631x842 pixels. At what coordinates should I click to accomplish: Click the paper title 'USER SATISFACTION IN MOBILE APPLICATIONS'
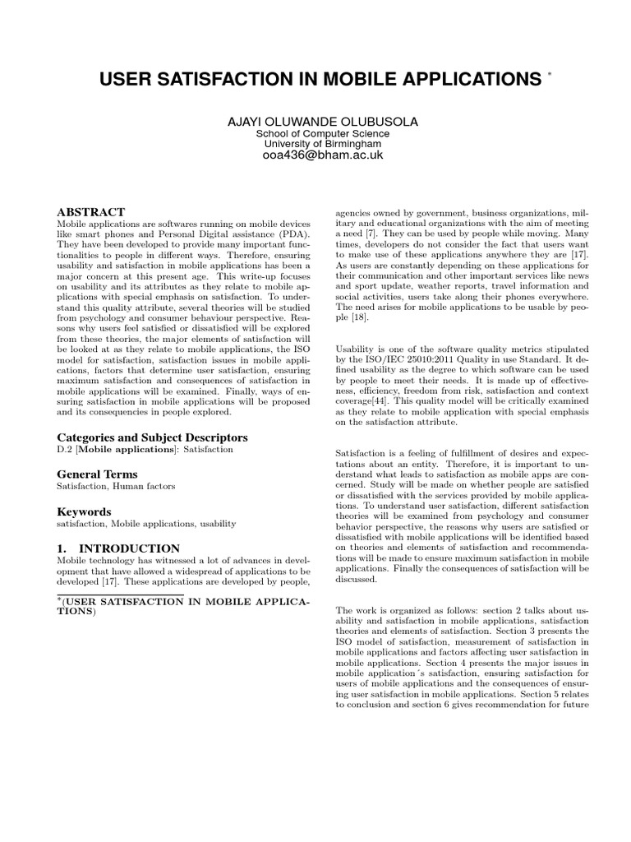click(315, 80)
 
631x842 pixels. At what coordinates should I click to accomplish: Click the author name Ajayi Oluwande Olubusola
click(322, 122)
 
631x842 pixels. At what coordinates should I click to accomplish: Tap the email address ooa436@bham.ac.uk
click(322, 155)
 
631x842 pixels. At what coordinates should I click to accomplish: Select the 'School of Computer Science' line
click(322, 134)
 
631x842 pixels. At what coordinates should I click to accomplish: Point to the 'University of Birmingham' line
click(322, 144)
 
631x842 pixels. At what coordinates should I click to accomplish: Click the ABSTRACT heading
click(90, 212)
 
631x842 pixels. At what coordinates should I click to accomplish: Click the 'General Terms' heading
click(97, 474)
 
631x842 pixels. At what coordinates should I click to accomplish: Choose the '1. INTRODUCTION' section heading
click(117, 548)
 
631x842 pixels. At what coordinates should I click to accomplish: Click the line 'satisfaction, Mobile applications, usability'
click(145, 523)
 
